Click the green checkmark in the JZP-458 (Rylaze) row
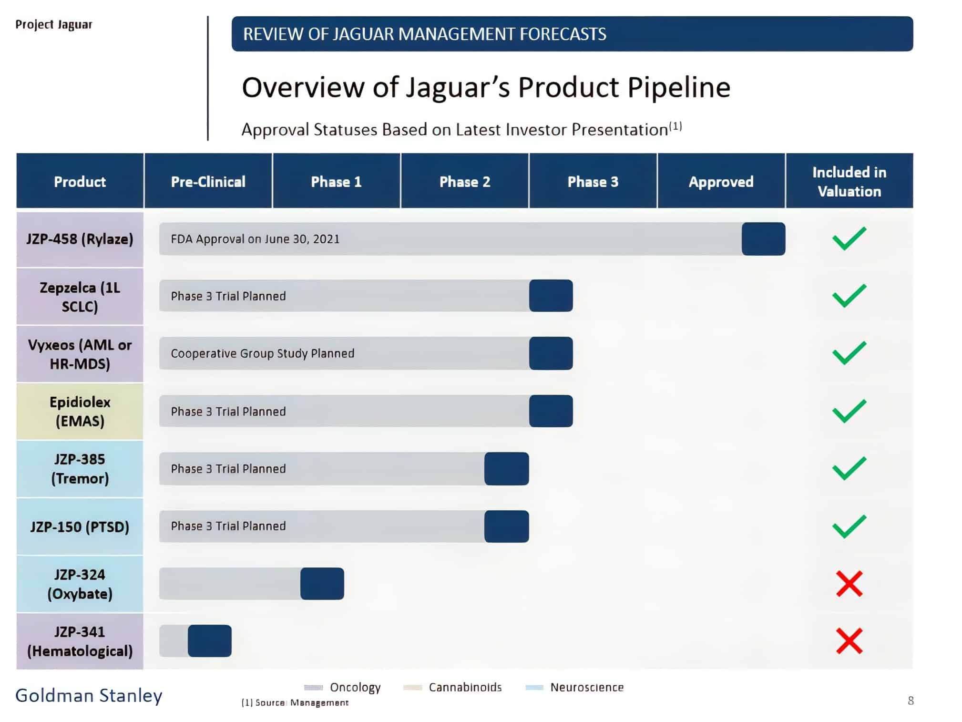849,238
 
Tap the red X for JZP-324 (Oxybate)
849,584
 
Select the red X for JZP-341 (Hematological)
849,641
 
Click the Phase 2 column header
464,182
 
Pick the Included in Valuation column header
849,182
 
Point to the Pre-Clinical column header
208,182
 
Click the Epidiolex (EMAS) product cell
80,411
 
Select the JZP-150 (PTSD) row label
80,526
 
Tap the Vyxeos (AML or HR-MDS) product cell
80,354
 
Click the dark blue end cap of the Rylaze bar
763,239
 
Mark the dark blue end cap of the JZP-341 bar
209,641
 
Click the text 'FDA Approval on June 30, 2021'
255,239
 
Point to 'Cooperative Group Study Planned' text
262,353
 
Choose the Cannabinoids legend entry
465,687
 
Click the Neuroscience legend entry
586,687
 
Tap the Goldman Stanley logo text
89,696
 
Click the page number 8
911,701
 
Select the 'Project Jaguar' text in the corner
54,24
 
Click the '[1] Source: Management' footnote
295,702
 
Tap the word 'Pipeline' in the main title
678,87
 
